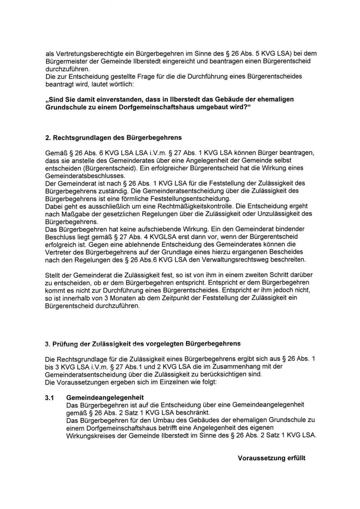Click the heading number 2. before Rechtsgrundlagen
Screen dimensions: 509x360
coord(48,138)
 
